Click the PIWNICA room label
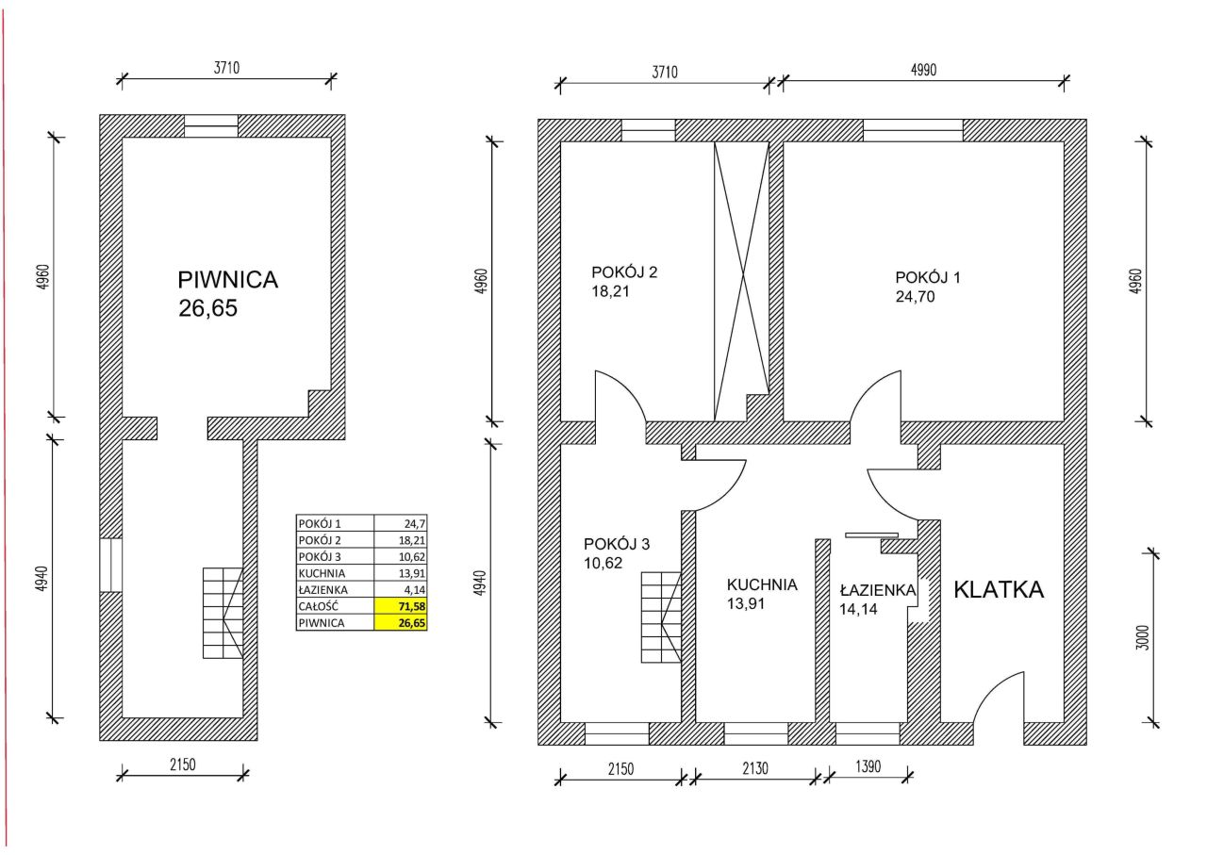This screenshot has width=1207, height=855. tap(228, 280)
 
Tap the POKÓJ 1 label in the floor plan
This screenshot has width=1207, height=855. tap(928, 277)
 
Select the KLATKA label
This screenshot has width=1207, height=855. tap(999, 590)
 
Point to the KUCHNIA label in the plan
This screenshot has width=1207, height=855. tap(762, 584)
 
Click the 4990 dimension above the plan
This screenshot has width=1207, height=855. tap(923, 70)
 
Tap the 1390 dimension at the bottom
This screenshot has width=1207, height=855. tap(868, 766)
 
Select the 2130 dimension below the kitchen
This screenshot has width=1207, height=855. tap(755, 768)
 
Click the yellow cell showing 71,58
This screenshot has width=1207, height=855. tap(401, 606)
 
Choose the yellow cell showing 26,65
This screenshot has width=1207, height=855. tap(401, 623)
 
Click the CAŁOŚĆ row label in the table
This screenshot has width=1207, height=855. tap(319, 606)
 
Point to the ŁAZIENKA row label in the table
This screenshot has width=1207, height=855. tap(323, 590)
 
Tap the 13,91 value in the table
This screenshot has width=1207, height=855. tap(412, 573)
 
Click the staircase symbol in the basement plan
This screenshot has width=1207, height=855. tap(223, 613)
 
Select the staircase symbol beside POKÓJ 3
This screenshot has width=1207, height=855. tap(661, 617)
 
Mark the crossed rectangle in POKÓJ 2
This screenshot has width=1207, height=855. tap(741, 281)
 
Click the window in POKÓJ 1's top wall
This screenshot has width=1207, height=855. tap(913, 130)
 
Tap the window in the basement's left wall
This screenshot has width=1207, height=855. tap(111, 566)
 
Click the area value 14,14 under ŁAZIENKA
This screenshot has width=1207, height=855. tap(858, 609)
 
